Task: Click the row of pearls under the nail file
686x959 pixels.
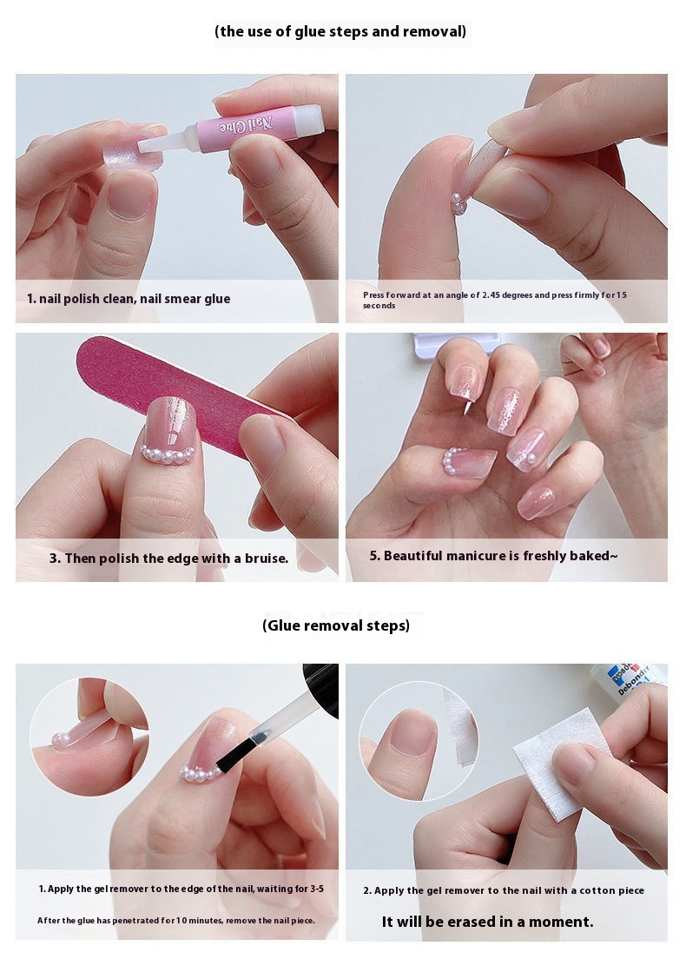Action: click(168, 455)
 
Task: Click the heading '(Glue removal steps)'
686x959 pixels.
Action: click(336, 625)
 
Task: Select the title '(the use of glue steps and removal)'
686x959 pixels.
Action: click(340, 31)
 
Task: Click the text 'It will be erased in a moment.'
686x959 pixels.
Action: click(487, 922)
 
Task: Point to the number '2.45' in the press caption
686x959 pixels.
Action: click(491, 294)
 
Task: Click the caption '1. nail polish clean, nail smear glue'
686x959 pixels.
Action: click(129, 299)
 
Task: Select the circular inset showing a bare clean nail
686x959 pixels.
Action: click(419, 740)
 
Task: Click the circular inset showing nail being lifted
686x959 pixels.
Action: click(89, 737)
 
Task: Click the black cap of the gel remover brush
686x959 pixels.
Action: click(323, 687)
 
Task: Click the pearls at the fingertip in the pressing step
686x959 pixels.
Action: click(458, 203)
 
